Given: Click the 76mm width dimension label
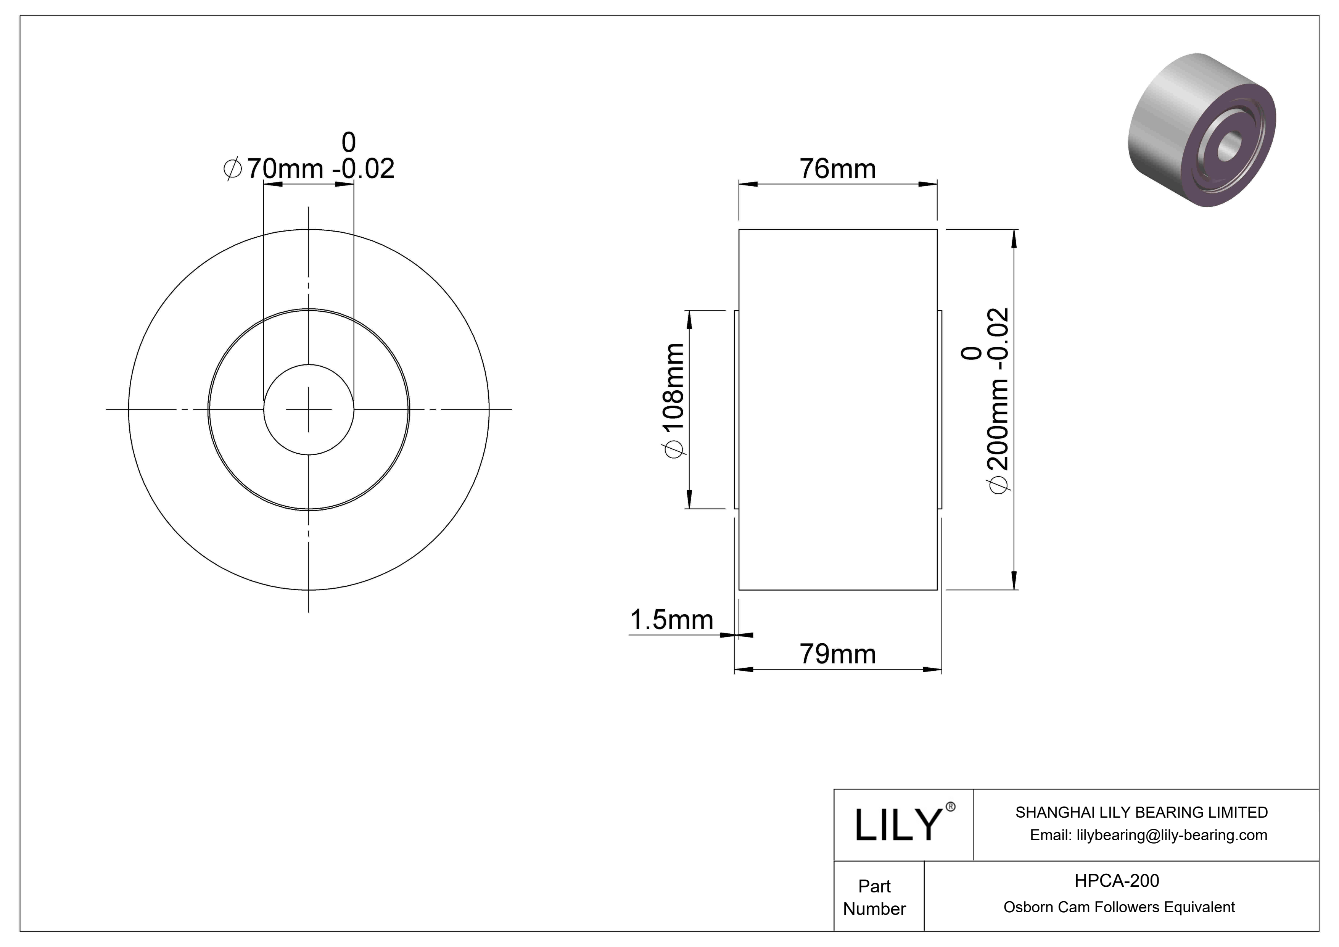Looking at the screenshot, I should click(837, 169).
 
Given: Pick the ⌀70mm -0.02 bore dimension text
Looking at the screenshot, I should click(309, 169).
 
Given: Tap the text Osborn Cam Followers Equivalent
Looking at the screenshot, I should click(1119, 907).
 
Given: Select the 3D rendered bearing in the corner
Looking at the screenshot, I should click(1201, 129).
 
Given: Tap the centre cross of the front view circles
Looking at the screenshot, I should click(309, 409).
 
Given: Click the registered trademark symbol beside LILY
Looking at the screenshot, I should click(950, 807).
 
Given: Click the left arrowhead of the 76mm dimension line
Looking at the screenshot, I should click(748, 184).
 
